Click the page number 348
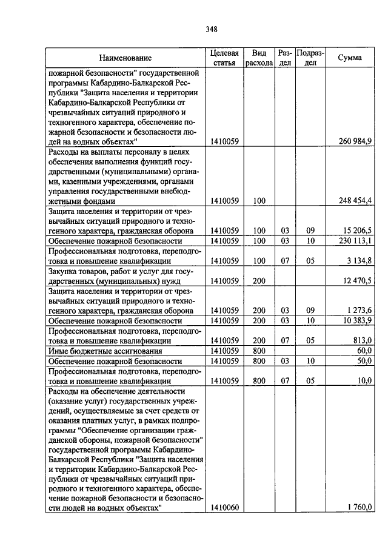(211, 29)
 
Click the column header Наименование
(126, 58)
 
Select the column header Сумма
(350, 58)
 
